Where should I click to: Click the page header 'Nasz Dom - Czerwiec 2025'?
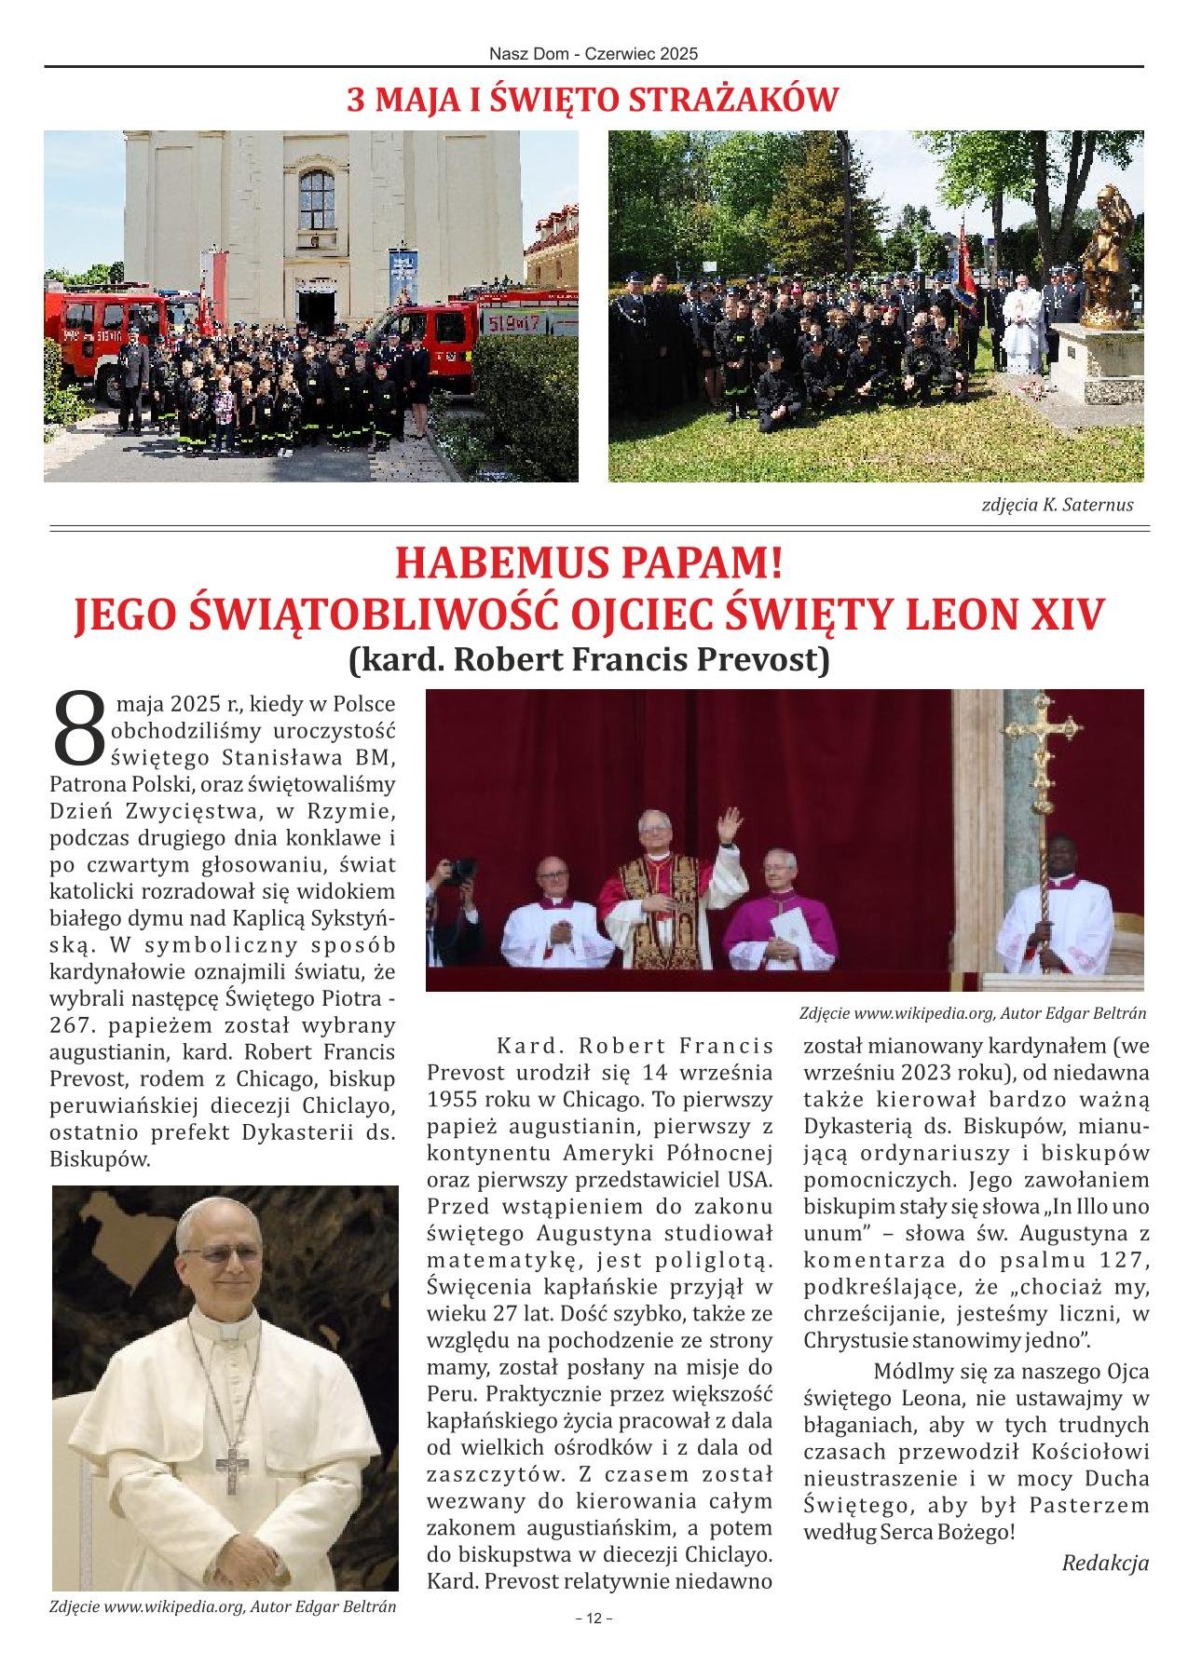pos(594,54)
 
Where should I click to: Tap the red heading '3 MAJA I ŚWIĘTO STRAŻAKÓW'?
pos(594,100)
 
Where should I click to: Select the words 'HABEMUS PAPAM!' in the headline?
pos(587,564)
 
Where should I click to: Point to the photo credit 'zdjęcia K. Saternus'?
pos(1058,505)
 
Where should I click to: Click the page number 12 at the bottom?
pos(594,1619)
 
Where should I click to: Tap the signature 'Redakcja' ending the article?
pos(1105,1563)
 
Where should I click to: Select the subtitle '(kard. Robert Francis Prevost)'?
pos(588,659)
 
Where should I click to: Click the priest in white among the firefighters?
pos(1023,331)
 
